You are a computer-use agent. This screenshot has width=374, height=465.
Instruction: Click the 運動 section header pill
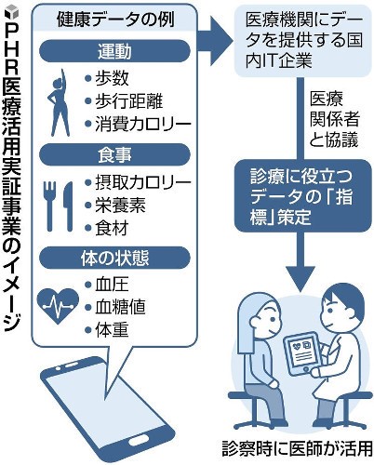114,51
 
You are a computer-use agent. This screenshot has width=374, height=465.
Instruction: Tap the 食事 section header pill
114,154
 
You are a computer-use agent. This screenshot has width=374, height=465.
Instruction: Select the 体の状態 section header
114,258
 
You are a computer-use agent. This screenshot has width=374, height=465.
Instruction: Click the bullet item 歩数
107,78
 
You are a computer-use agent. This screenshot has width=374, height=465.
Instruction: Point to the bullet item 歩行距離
124,100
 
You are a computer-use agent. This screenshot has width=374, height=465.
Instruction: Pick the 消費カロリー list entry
138,124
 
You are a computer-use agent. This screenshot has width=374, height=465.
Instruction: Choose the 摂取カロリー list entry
138,183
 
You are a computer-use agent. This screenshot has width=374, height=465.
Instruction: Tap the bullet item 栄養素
115,206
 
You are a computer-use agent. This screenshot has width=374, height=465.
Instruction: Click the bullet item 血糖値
115,307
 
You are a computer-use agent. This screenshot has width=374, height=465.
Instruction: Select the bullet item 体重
107,330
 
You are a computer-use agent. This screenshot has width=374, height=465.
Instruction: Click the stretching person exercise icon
59,102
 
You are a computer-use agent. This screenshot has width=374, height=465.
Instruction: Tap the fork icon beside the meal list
49,206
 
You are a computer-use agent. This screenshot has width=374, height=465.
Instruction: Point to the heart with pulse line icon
58,306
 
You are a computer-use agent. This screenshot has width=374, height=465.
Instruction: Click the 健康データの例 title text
115,20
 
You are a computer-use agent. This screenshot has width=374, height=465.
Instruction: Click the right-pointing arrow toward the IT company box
215,41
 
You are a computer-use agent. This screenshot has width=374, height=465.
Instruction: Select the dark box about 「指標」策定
302,196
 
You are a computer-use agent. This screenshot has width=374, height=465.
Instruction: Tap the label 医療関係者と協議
334,119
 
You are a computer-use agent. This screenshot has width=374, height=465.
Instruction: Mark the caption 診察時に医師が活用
297,448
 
